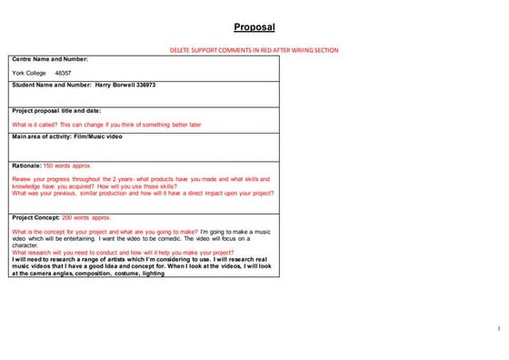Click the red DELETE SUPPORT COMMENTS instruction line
point(254,50)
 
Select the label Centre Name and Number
point(50,59)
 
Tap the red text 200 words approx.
point(89,218)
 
